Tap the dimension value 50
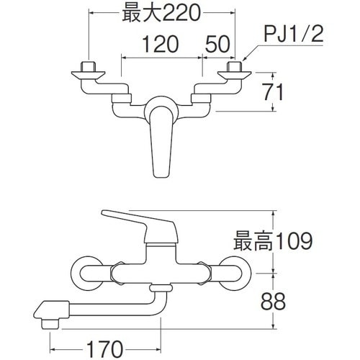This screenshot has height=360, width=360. coord(217,45)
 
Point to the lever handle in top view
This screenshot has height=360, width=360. coord(161,140)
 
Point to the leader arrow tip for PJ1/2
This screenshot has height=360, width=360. coord(243,60)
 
